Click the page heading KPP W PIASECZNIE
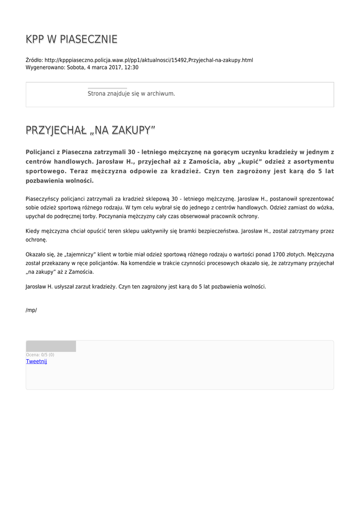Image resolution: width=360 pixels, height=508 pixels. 72,39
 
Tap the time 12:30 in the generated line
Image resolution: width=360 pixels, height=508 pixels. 132,67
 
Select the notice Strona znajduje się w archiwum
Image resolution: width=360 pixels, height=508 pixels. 131,94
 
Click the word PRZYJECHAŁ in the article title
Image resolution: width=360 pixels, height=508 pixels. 56,130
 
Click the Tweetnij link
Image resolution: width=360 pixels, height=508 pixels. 36,362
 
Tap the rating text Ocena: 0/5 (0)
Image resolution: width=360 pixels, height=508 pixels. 40,355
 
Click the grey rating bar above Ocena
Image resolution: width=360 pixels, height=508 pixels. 51,346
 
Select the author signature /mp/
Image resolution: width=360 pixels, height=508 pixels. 31,311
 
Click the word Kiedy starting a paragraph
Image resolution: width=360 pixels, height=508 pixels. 33,231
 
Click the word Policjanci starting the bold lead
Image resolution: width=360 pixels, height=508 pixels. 43,152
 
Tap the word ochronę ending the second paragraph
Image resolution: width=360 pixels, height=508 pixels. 36,240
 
